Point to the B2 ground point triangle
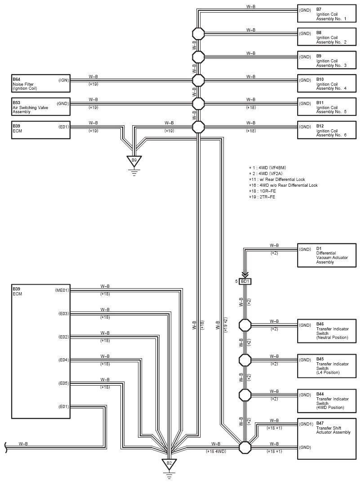[169, 464]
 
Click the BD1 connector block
[245, 281]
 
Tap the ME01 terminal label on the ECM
[62, 290]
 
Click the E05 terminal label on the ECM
[63, 383]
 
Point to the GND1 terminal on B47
[306, 424]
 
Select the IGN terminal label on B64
[64, 80]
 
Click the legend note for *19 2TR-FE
[262, 197]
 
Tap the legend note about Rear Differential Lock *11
[277, 179]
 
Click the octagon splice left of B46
[245, 325]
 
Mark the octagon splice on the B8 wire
[198, 34]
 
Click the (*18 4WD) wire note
[216, 452]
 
